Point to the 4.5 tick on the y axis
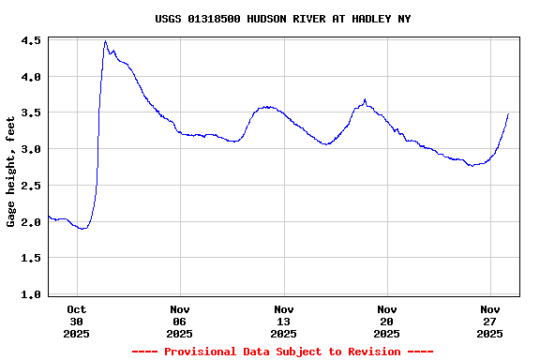tap(30, 41)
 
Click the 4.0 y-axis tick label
tap(30, 77)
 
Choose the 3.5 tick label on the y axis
tap(30, 112)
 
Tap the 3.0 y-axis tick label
tap(30, 149)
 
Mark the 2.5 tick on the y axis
tap(30, 186)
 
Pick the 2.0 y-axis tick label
tap(30, 222)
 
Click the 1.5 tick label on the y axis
tap(30, 258)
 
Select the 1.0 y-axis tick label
tap(30, 294)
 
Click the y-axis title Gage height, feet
tap(11, 172)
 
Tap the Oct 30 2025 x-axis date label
tap(77, 321)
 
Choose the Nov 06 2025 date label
tap(180, 321)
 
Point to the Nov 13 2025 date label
tap(283, 321)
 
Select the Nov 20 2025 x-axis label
tap(386, 321)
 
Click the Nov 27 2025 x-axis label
tap(489, 321)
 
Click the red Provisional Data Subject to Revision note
tap(282, 352)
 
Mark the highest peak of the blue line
tap(105, 41)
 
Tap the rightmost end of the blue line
tap(508, 113)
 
